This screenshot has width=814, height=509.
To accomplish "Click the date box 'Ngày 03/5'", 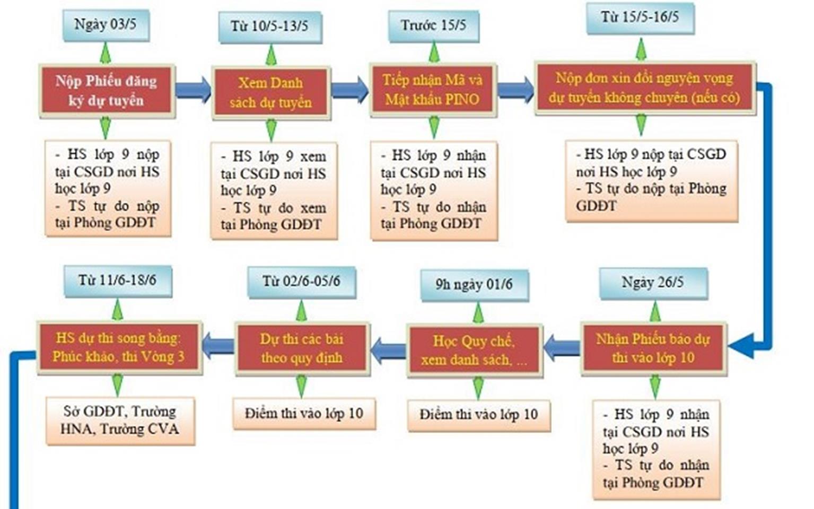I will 105,24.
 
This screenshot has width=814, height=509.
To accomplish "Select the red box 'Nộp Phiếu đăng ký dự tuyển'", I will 107,90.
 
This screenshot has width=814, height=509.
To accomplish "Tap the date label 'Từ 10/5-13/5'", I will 269,26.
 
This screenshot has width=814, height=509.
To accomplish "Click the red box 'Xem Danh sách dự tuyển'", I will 270,92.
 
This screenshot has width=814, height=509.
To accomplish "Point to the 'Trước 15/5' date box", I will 433,25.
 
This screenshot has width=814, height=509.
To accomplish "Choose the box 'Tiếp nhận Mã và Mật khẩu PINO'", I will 433,89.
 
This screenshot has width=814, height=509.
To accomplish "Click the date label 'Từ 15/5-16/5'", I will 640,17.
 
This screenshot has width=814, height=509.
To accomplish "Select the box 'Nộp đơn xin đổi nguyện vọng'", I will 644,87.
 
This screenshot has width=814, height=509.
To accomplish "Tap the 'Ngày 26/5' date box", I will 653,282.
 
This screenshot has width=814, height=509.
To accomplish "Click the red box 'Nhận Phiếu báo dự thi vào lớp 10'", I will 653,348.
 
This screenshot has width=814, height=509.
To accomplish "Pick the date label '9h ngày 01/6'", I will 474,285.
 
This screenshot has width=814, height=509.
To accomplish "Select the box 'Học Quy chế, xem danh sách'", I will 474,350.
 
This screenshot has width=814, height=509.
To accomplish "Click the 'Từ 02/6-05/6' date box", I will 301,282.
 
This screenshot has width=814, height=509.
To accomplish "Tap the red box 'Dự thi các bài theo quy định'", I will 301,348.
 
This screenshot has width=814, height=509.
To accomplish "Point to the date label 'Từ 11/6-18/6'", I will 117,280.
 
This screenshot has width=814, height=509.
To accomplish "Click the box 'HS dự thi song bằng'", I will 119,347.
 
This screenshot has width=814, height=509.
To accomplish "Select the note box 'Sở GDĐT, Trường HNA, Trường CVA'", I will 120,420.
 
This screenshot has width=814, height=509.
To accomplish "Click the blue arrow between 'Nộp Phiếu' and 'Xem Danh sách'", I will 193,90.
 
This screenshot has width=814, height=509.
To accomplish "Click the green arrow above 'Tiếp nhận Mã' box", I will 434,52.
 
